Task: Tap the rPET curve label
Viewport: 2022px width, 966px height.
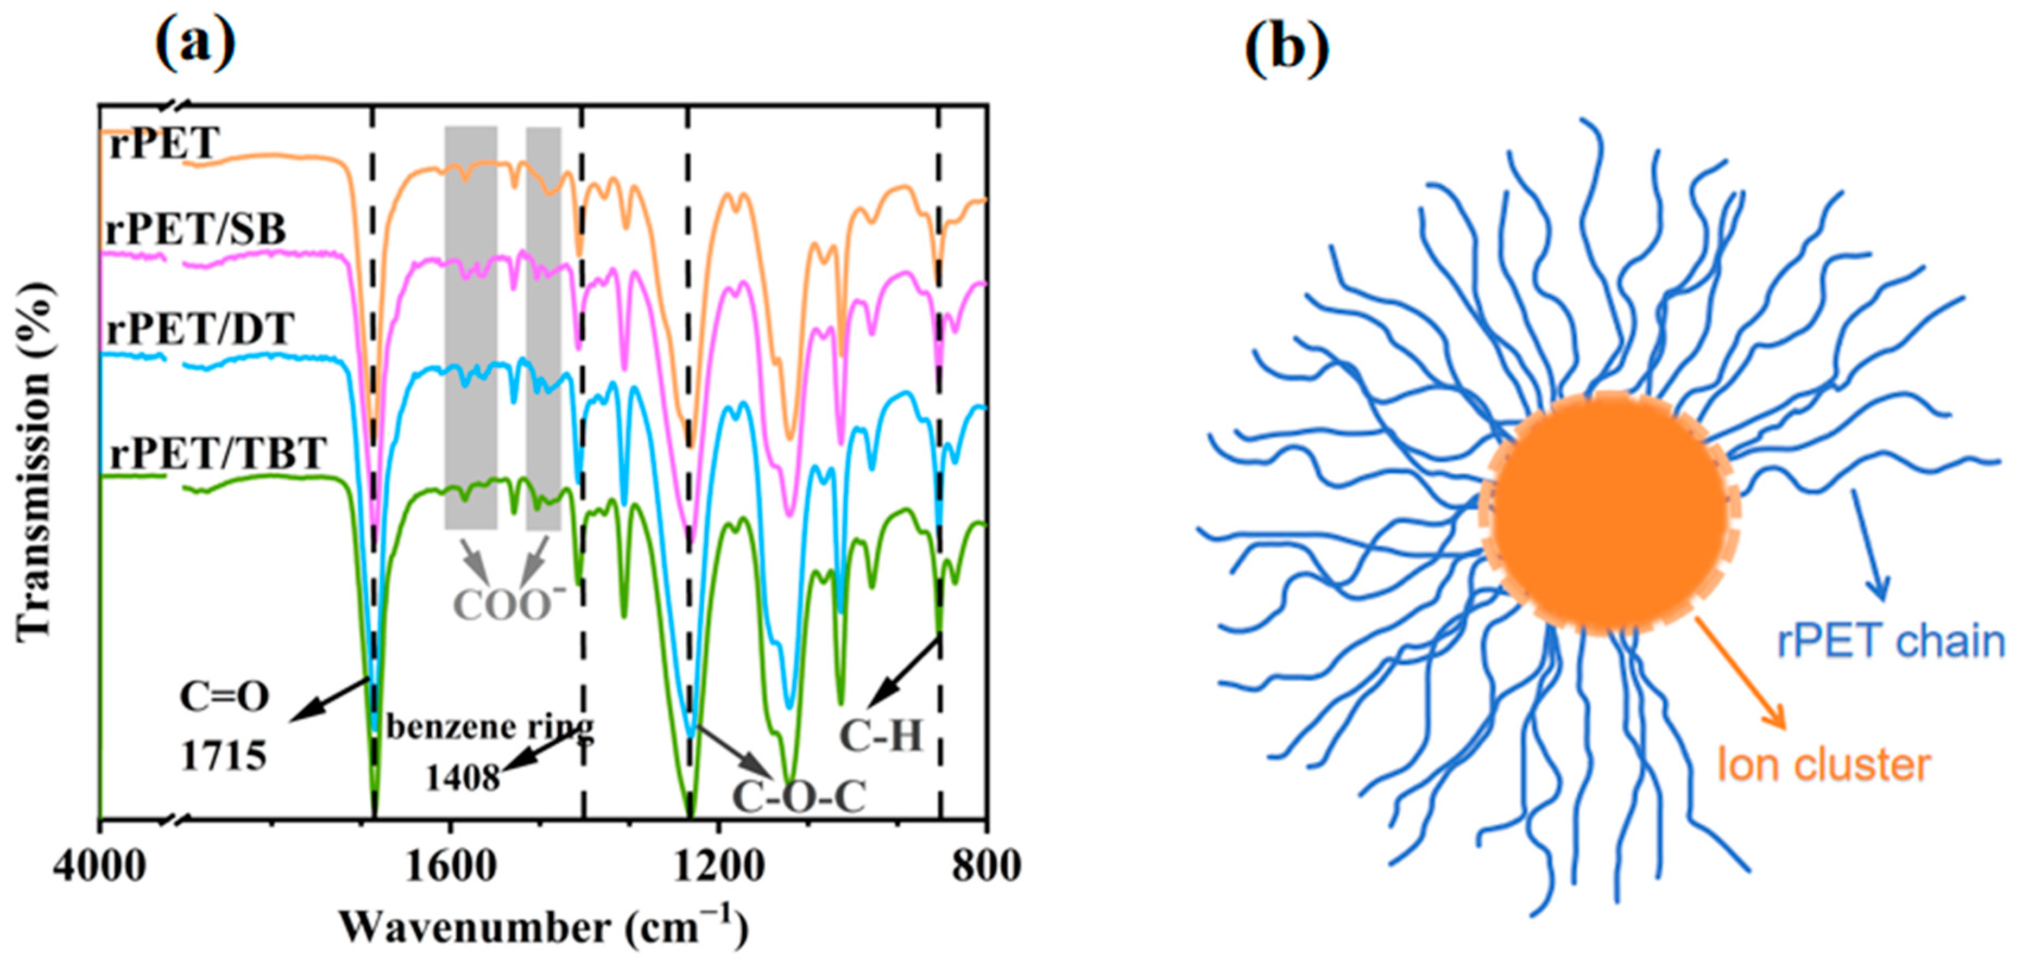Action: click(x=163, y=144)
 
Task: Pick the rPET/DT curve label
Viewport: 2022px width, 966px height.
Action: click(x=201, y=329)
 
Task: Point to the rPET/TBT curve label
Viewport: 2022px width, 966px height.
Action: click(x=217, y=453)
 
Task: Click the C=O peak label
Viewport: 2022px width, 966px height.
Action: click(x=224, y=697)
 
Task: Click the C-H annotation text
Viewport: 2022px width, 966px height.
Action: click(x=881, y=736)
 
